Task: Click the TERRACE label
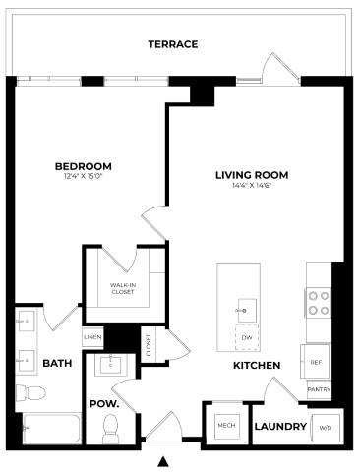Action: (173, 44)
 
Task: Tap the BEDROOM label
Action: (83, 165)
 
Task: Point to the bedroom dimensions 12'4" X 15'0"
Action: (83, 177)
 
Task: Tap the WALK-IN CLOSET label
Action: (122, 288)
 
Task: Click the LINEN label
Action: (93, 336)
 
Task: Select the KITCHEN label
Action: (257, 366)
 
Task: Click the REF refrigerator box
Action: (316, 362)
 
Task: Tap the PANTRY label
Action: (318, 389)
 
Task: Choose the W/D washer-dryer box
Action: (324, 428)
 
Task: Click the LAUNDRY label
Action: (280, 427)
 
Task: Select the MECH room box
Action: (225, 426)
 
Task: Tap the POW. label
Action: (104, 404)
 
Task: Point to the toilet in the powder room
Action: (111, 427)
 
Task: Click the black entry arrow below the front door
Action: (164, 460)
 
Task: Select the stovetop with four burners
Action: (317, 302)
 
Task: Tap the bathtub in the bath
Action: (49, 430)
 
